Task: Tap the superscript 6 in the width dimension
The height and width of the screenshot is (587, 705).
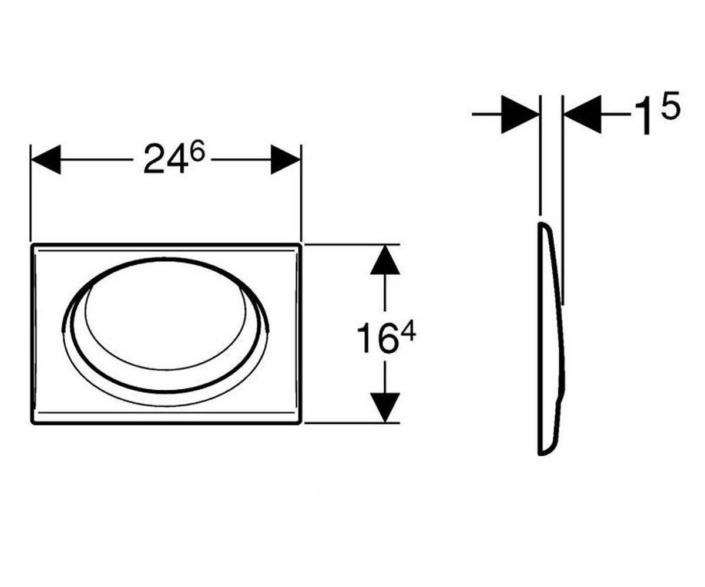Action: point(197,152)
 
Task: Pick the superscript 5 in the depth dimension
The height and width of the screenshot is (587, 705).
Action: point(670,105)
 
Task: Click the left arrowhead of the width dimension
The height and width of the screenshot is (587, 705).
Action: point(46,160)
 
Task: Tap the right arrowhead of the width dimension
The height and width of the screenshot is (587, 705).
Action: point(286,160)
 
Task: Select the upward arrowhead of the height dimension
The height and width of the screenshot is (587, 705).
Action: point(385,260)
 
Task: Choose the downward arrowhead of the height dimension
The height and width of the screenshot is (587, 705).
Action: point(385,407)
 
